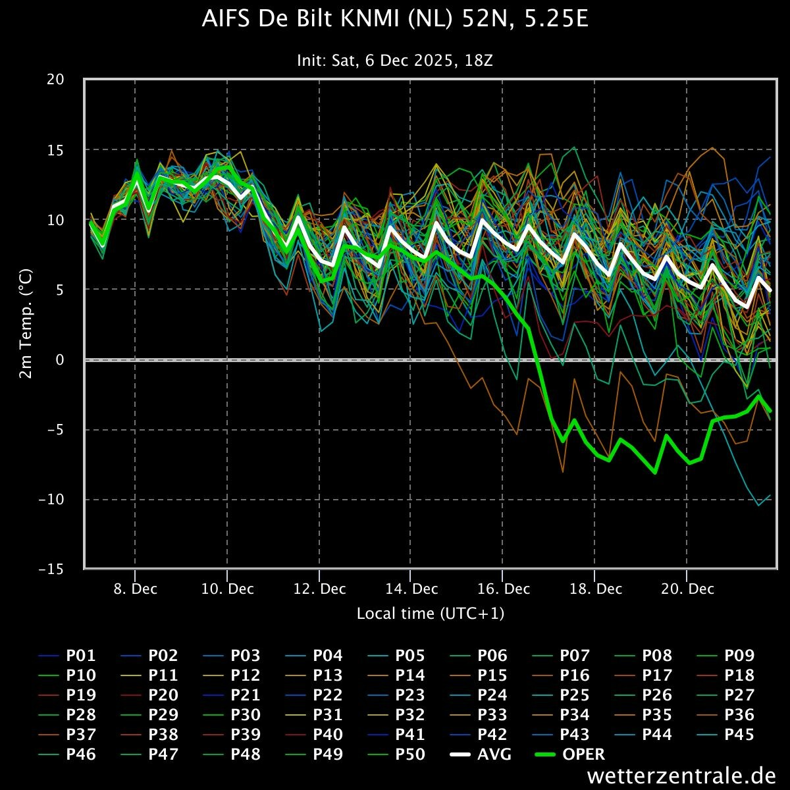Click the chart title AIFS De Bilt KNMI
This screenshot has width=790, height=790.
pyautogui.click(x=395, y=20)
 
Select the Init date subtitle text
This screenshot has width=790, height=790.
pyautogui.click(x=395, y=61)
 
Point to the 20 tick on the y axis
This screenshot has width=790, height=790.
pyautogui.click(x=56, y=80)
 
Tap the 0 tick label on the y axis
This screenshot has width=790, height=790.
pyautogui.click(x=60, y=359)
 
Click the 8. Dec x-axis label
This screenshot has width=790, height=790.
pyautogui.click(x=135, y=589)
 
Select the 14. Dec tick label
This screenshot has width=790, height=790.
pyautogui.click(x=411, y=589)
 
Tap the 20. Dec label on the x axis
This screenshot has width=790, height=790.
pyautogui.click(x=687, y=589)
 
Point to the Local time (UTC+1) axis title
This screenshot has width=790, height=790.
pyautogui.click(x=431, y=614)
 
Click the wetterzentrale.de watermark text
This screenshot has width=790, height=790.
pyautogui.click(x=681, y=776)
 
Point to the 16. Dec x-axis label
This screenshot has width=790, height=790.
pyautogui.click(x=504, y=589)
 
